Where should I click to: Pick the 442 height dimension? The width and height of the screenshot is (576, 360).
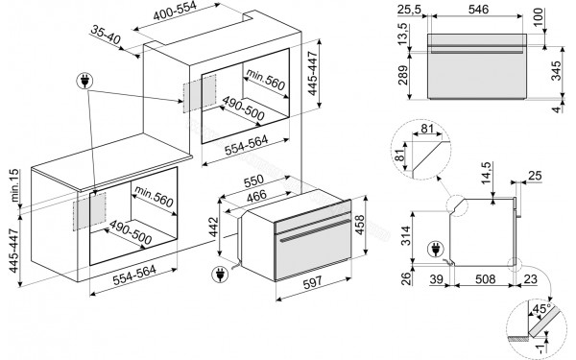tap(215, 228)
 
